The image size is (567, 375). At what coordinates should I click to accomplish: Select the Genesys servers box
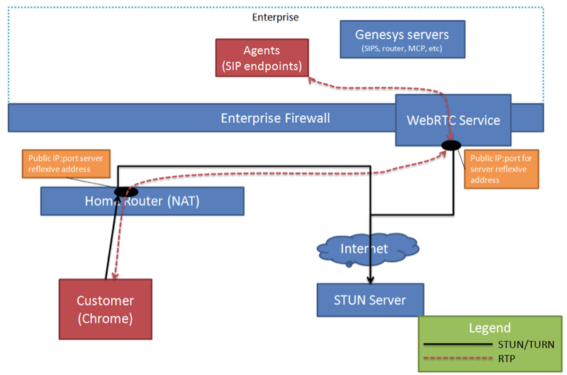pyautogui.click(x=403, y=39)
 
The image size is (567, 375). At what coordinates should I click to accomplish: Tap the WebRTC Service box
pyautogui.click(x=453, y=119)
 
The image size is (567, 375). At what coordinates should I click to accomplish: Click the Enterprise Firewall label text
pyautogui.click(x=275, y=118)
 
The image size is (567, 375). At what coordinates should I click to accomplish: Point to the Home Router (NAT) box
pyautogui.click(x=142, y=201)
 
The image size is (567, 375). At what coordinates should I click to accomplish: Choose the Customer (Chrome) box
pyautogui.click(x=105, y=308)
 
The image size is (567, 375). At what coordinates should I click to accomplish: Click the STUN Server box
pyautogui.click(x=369, y=300)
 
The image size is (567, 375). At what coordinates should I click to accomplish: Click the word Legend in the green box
pyautogui.click(x=489, y=327)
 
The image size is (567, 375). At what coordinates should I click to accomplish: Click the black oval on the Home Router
pyautogui.click(x=125, y=191)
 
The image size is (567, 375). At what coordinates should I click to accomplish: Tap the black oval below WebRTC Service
pyautogui.click(x=451, y=146)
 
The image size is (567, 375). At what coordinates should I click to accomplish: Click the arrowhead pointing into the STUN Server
pyautogui.click(x=370, y=280)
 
